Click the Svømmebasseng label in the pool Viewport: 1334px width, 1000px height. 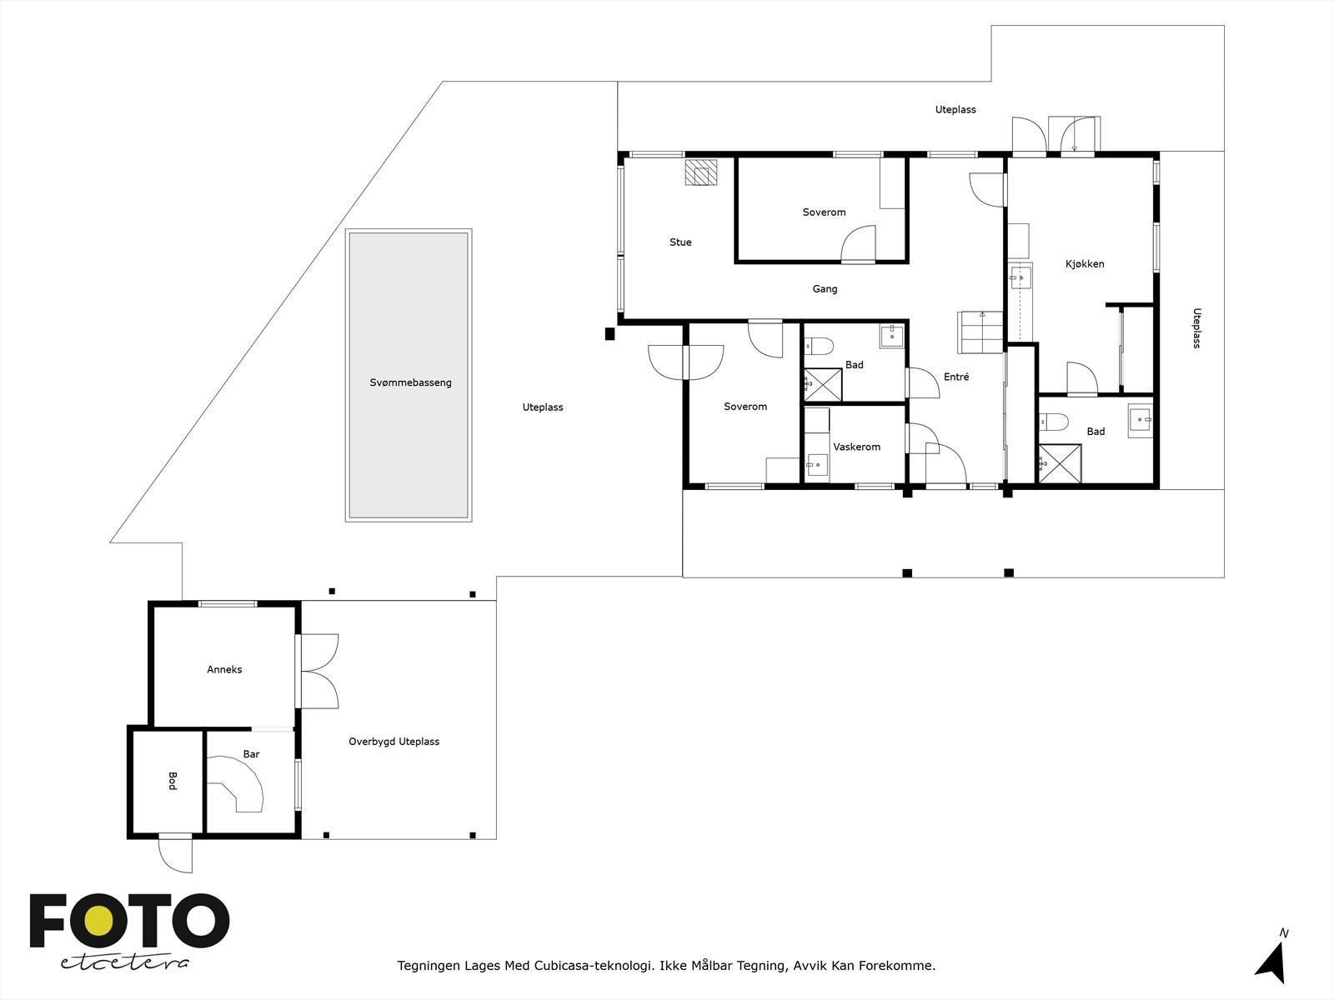pos(410,382)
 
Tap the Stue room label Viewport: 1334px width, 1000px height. pos(680,242)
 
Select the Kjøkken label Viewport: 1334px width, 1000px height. pos(1085,264)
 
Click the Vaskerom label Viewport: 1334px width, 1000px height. pos(856,447)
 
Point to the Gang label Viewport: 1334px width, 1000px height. pos(825,289)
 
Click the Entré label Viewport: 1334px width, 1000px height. pos(956,377)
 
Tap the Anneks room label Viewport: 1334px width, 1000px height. pos(224,669)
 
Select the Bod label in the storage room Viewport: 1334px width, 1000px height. pos(173,781)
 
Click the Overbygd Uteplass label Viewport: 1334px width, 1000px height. pos(394,742)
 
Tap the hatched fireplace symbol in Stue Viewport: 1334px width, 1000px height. pos(700,172)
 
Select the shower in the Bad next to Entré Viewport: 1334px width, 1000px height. pos(822,383)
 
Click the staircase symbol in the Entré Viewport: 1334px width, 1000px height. pos(981,332)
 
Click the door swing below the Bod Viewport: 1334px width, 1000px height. pos(177,853)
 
